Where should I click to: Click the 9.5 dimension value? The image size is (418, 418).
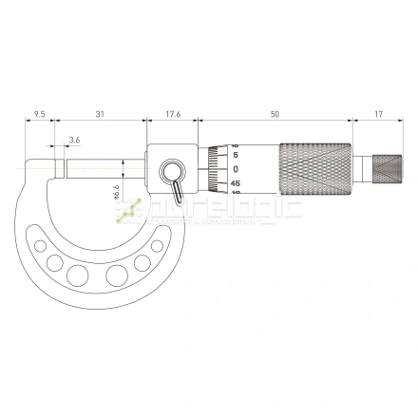tap(39, 114)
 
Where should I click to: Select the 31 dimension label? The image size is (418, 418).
tap(100, 114)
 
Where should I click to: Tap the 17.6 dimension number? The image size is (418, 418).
tap(173, 114)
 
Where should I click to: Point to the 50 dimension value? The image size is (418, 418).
tap(275, 114)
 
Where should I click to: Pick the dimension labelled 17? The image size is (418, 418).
tap(378, 114)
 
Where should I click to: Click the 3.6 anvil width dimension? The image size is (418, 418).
tap(74, 142)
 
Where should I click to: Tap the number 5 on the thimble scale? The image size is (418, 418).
tap(235, 155)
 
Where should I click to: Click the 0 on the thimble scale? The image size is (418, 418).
tap(235, 169)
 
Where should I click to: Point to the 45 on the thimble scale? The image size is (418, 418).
tap(235, 183)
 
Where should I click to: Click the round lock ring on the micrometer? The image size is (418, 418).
tap(172, 172)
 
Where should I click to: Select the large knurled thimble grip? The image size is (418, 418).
tap(315, 170)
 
